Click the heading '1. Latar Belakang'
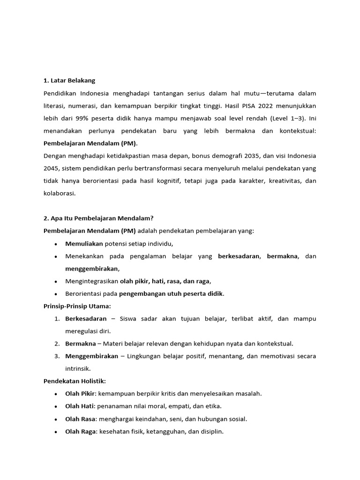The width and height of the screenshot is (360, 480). click(x=69, y=81)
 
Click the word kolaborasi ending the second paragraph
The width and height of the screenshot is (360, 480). click(x=59, y=193)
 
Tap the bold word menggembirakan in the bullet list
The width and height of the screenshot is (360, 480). click(x=92, y=269)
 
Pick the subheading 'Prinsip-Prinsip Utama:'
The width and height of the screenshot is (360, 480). click(x=77, y=306)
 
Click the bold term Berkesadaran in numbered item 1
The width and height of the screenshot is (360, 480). click(x=86, y=319)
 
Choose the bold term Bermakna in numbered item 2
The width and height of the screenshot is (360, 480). click(x=80, y=344)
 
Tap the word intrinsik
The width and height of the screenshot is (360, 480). click(x=77, y=368)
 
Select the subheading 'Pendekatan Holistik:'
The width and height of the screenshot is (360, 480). click(x=75, y=381)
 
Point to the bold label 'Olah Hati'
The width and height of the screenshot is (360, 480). click(x=80, y=406)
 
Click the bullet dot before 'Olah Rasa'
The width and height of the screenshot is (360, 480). click(x=56, y=419)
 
